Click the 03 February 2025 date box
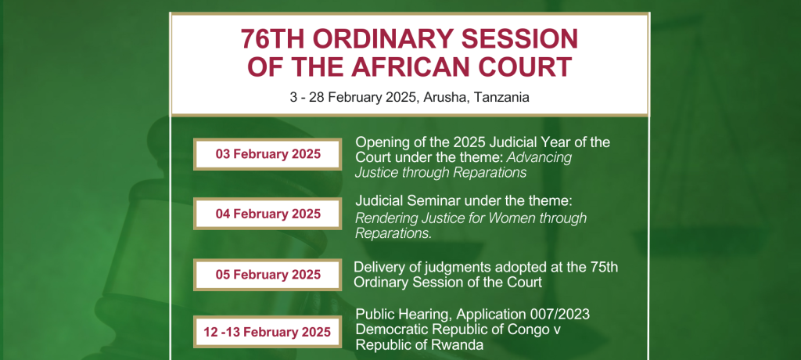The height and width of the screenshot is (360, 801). pyautogui.click(x=268, y=154)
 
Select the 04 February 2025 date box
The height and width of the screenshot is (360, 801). pyautogui.click(x=268, y=214)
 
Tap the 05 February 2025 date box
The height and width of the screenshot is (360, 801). pyautogui.click(x=268, y=275)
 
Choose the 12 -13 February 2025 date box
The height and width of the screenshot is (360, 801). pyautogui.click(x=268, y=332)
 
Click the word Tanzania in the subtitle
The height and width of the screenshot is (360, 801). pyautogui.click(x=501, y=97)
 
